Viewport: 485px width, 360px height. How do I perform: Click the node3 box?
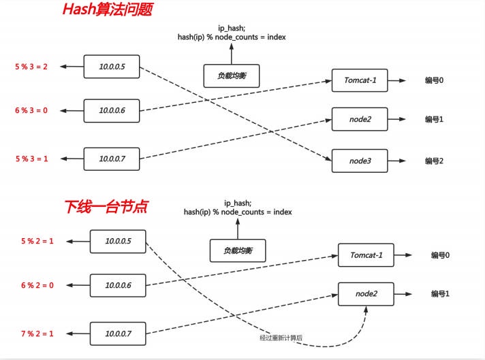pyautogui.click(x=359, y=161)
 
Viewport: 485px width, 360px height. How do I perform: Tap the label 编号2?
pyautogui.click(x=434, y=161)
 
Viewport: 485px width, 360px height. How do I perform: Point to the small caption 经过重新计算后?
pyautogui.click(x=281, y=338)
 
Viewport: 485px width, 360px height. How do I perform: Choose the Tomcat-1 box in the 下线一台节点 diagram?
pyautogui.click(x=367, y=256)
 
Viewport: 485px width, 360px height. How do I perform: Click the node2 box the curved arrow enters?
pyautogui.click(x=367, y=295)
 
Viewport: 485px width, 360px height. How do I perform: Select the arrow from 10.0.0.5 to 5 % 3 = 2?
pyautogui.click(x=71, y=67)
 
